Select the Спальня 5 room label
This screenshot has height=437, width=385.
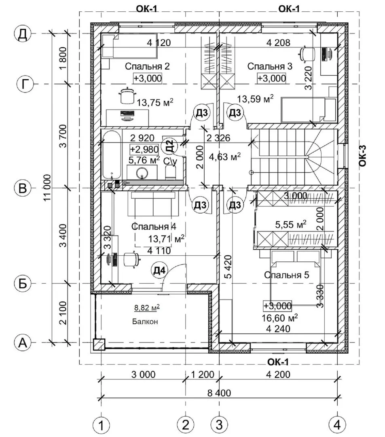286,275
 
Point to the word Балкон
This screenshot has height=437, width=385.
144,322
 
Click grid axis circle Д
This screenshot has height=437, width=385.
23,34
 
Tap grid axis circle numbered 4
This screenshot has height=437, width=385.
337,425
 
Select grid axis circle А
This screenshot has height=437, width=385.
23,343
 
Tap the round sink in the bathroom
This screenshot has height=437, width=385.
142,174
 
